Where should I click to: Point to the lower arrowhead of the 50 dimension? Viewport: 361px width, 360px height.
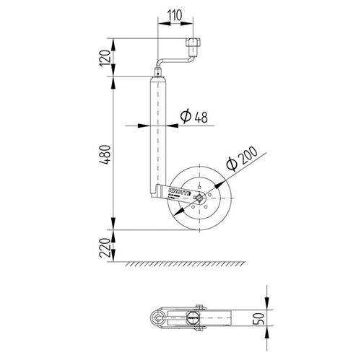(269, 330)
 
